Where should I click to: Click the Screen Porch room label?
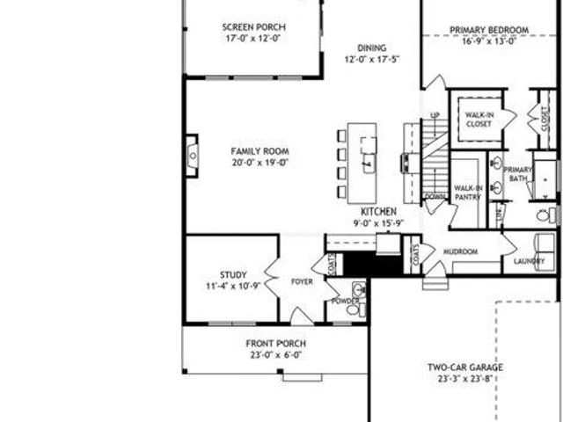click(253, 27)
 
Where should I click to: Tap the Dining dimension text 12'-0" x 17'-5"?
click(370, 60)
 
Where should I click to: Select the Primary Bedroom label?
click(489, 30)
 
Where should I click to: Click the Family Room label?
click(260, 151)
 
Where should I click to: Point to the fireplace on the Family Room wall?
click(191, 156)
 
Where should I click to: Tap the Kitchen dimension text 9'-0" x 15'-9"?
click(378, 223)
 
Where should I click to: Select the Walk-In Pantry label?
click(466, 193)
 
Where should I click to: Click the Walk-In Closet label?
click(479, 120)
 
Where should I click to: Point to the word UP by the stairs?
click(435, 115)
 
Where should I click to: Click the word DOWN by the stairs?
click(435, 196)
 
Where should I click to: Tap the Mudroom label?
click(459, 252)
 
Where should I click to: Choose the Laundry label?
click(530, 261)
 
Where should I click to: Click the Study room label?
click(234, 274)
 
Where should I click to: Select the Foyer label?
click(302, 282)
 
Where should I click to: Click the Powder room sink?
click(357, 290)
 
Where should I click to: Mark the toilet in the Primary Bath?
click(545, 215)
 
